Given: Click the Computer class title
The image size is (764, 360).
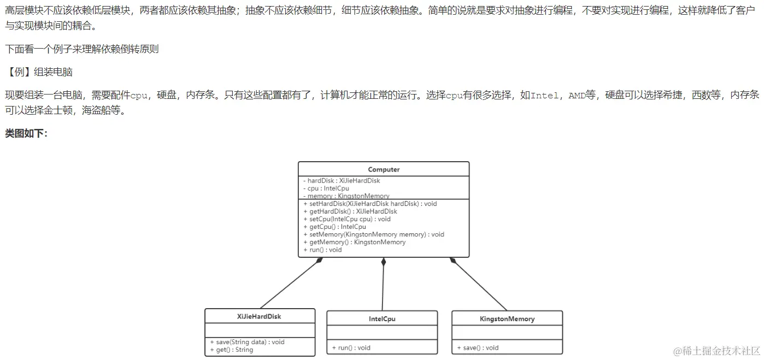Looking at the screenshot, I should [x=384, y=169].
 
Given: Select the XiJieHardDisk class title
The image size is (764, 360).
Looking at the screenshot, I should [x=259, y=316].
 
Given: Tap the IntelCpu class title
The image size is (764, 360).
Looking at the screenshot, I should [x=382, y=318].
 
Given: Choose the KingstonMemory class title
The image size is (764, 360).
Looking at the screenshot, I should [x=507, y=318].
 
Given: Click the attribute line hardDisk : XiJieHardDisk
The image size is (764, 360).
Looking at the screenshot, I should [x=343, y=181].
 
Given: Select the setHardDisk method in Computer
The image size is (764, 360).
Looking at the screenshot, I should [x=369, y=204].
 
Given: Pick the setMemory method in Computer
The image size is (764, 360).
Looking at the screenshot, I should [x=373, y=234].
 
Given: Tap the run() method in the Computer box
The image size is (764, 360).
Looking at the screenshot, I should [x=322, y=250].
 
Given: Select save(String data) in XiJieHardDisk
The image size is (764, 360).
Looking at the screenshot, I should [x=247, y=342].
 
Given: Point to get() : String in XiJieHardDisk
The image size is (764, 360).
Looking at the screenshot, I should [x=231, y=350].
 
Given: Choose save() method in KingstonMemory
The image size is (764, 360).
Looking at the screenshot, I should [x=478, y=347].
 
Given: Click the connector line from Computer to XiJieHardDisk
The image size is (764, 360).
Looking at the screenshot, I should [x=290, y=285].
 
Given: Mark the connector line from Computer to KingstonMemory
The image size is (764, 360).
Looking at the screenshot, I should [x=479, y=285].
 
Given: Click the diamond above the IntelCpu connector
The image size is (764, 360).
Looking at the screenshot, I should [x=384, y=262].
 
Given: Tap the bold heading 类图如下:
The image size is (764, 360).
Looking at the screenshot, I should [x=26, y=133].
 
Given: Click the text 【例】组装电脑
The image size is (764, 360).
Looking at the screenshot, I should [x=39, y=72].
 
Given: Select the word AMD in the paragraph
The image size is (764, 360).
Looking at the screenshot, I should [x=577, y=96].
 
